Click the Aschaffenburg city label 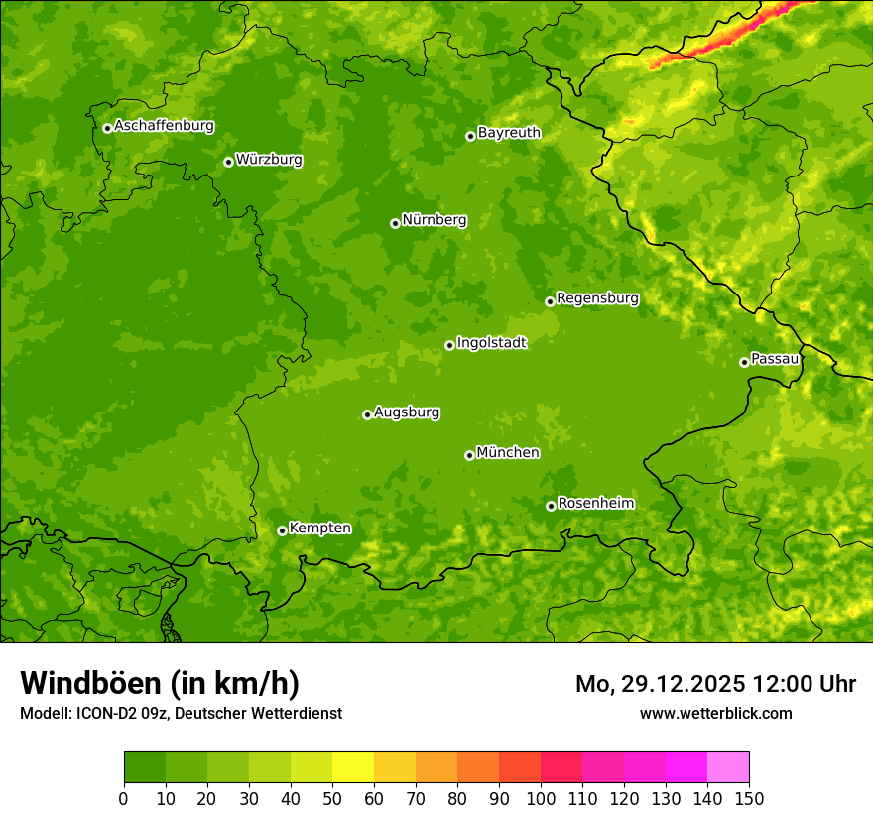point(164,126)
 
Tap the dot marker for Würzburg point(228,162)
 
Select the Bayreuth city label point(509,133)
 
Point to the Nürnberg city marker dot point(395,223)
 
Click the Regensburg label point(597,298)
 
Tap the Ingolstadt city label point(491,343)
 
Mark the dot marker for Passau point(744,362)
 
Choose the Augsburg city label point(407,412)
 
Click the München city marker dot point(469,455)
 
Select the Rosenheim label point(595,504)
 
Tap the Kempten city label point(319,529)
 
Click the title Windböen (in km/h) point(159,683)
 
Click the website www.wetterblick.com point(715,713)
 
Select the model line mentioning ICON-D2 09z point(181,713)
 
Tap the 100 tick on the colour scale point(541,798)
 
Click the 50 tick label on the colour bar point(332,798)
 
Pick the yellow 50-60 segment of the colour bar point(353,766)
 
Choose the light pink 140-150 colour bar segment point(728,766)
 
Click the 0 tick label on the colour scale point(124,798)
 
